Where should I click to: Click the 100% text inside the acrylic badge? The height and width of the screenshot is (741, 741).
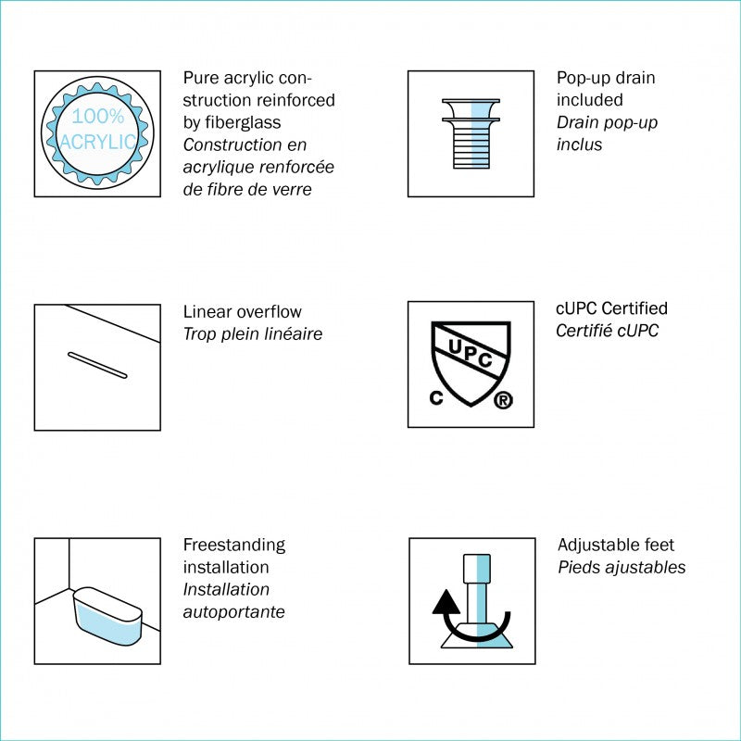click(x=98, y=117)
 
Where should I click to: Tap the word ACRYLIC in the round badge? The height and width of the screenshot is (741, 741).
click(x=98, y=142)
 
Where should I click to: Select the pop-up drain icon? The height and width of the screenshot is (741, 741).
click(x=471, y=133)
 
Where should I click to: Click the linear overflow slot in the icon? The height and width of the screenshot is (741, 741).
click(x=97, y=365)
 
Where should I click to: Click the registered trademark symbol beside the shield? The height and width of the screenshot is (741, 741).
click(x=503, y=401)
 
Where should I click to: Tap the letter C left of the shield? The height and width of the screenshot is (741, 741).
click(x=436, y=398)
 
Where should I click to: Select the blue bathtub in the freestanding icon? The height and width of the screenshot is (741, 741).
click(x=107, y=616)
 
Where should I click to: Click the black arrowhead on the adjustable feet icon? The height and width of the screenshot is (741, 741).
click(x=446, y=602)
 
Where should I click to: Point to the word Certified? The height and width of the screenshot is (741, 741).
click(x=634, y=308)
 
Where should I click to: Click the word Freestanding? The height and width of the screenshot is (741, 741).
click(x=234, y=546)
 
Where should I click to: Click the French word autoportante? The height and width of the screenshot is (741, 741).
click(x=234, y=612)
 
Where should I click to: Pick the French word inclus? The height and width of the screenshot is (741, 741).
click(x=580, y=144)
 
